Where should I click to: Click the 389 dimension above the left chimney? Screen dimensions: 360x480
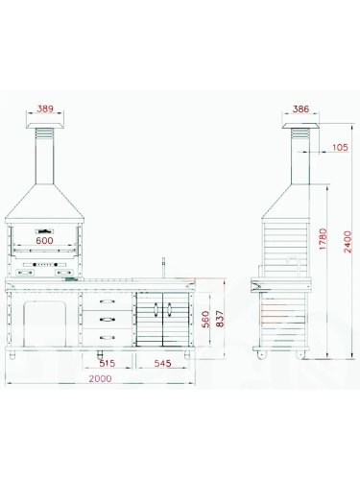45,108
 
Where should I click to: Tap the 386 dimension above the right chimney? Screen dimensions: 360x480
300,109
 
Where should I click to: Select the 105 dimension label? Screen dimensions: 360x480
340,147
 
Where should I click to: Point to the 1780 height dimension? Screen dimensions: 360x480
324,239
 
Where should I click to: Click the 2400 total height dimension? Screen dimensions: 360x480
348,242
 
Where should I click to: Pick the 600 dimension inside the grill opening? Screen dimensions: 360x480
44,241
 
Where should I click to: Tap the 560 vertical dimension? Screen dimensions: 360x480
206,319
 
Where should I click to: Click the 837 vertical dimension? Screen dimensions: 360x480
221,319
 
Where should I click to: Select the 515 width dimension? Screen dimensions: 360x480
108,364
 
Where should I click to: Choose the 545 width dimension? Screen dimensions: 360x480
163,364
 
